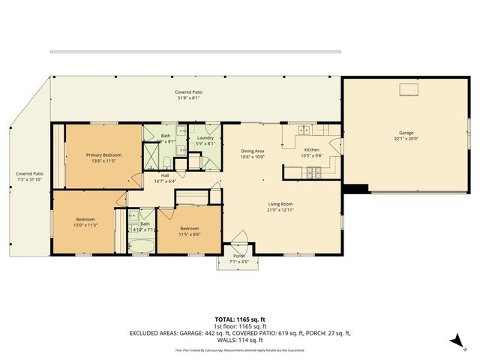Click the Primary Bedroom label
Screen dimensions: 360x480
(103, 154)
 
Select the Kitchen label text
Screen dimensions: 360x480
(310, 150)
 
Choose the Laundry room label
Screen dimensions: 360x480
(205, 137)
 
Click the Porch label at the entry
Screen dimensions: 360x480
(238, 256)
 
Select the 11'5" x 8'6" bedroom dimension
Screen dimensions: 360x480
(189, 233)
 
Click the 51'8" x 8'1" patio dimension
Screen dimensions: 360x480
(189, 97)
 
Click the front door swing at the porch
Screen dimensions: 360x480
(240, 245)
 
